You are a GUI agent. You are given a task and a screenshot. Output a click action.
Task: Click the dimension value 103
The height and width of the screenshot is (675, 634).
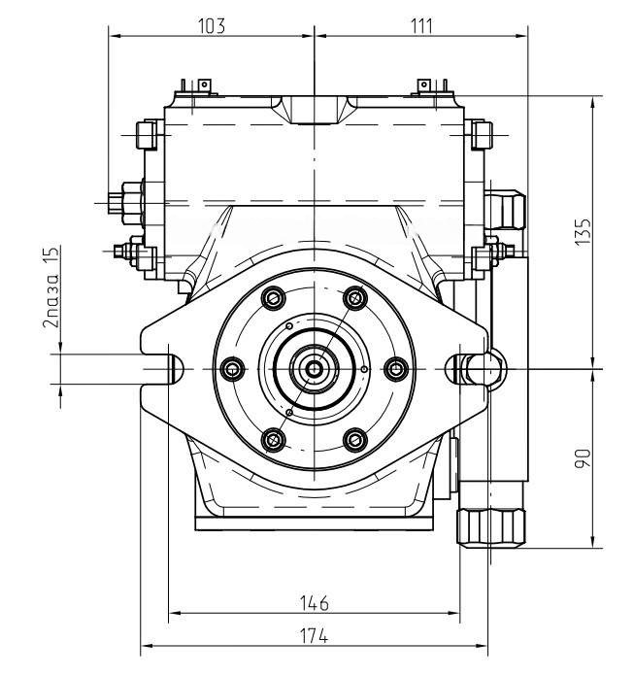pyautogui.click(x=212, y=26)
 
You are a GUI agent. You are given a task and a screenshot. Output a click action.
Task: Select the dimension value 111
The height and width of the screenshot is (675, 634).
pyautogui.click(x=421, y=26)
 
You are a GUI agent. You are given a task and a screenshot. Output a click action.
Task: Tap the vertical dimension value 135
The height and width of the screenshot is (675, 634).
pyautogui.click(x=584, y=232)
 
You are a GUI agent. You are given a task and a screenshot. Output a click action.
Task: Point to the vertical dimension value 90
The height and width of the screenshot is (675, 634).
pyautogui.click(x=584, y=458)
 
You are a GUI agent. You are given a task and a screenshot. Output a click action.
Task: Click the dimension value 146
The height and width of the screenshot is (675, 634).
pyautogui.click(x=315, y=603)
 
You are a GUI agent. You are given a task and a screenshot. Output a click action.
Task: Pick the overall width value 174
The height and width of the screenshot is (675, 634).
pyautogui.click(x=315, y=636)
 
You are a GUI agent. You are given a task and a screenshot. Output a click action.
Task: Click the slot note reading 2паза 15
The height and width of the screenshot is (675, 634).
pyautogui.click(x=51, y=287)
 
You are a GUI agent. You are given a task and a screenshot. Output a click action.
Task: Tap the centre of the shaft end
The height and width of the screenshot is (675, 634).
pyautogui.click(x=315, y=369)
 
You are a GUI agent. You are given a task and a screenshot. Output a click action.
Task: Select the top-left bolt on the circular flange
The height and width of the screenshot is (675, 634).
pyautogui.click(x=274, y=298)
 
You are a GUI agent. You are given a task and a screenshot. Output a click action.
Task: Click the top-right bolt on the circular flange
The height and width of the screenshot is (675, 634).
pyautogui.click(x=355, y=298)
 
